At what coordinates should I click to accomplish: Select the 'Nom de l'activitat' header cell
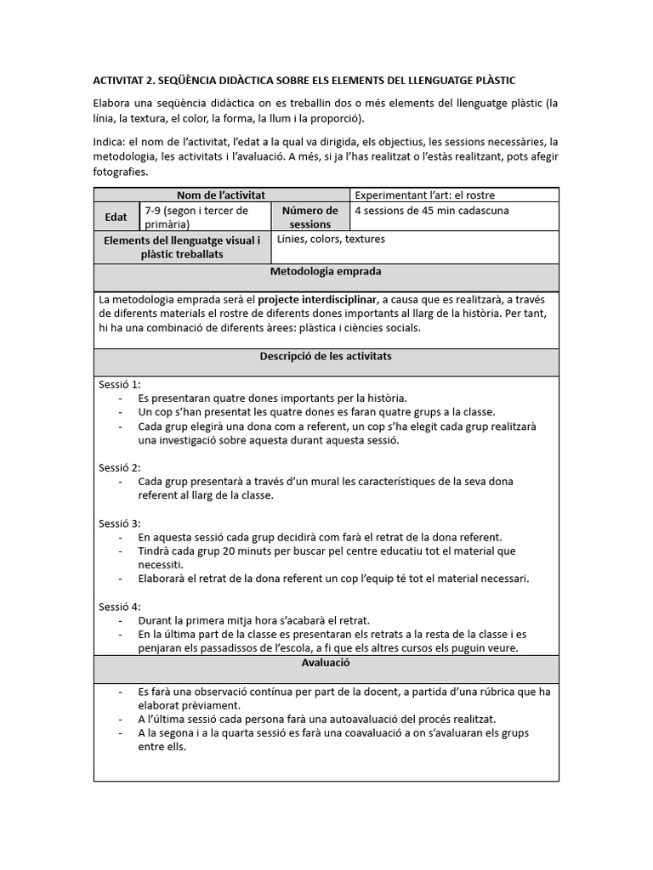(220, 195)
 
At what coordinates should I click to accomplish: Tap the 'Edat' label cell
(116, 217)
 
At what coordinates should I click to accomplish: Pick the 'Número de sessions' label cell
(309, 217)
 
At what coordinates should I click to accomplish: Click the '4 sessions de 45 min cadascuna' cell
(432, 211)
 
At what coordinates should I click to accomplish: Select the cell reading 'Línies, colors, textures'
(331, 240)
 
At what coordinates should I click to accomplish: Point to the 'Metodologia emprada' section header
(326, 272)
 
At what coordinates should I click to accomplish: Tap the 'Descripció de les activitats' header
(326, 357)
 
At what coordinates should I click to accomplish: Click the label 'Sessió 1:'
(120, 385)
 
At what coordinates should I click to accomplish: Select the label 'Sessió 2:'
(120, 467)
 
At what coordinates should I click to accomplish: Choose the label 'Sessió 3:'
(120, 523)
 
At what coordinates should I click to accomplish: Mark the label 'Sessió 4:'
(120, 607)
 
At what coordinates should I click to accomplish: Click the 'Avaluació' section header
(326, 663)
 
